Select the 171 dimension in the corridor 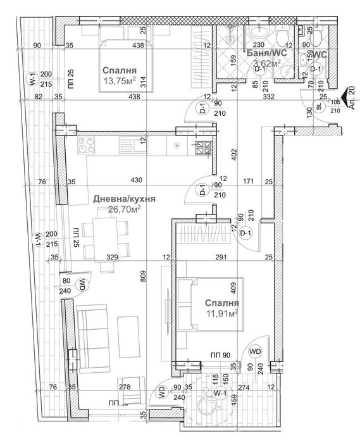(247, 182)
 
